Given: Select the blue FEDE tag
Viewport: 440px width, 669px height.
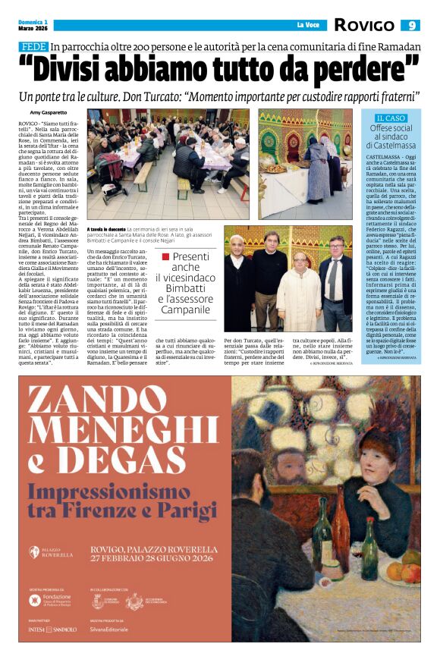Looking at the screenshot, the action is coord(33,47).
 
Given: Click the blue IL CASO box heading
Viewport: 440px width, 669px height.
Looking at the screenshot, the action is coord(391,118).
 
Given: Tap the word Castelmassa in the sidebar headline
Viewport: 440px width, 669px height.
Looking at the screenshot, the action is coord(391,142).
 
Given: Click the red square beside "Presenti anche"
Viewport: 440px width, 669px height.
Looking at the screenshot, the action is coord(166,257).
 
